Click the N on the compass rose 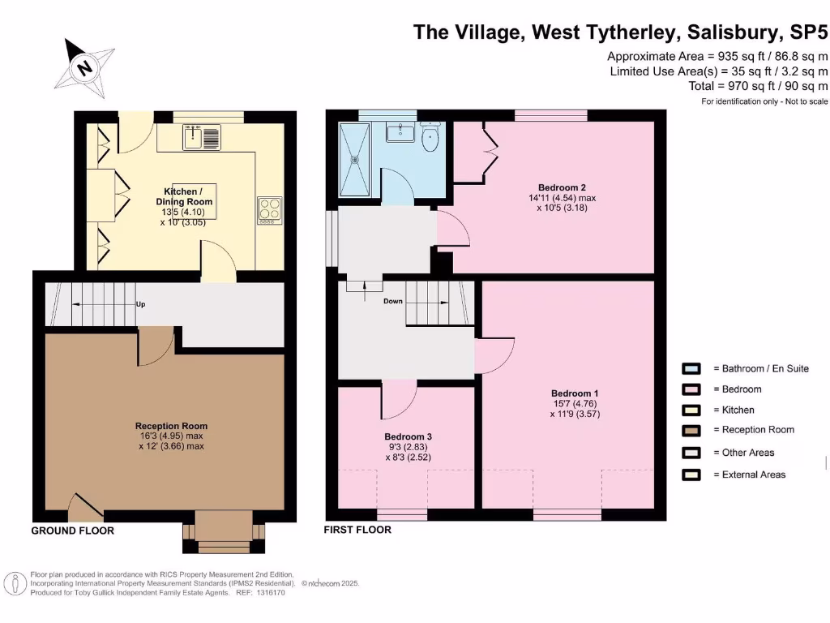[x=83, y=67]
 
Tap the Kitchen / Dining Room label [x=184, y=196]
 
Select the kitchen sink [x=202, y=137]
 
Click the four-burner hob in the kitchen [x=269, y=210]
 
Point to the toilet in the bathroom [x=430, y=136]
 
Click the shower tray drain [x=355, y=158]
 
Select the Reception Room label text [x=171, y=426]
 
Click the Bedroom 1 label [x=575, y=393]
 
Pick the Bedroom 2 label [x=562, y=187]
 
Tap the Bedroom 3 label [x=409, y=436]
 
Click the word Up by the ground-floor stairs [x=140, y=304]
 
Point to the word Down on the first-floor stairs [x=393, y=301]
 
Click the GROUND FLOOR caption [x=72, y=531]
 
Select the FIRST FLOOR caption [x=357, y=529]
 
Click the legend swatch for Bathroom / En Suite [x=691, y=369]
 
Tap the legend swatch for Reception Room [x=691, y=430]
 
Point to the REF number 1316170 [x=271, y=593]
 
